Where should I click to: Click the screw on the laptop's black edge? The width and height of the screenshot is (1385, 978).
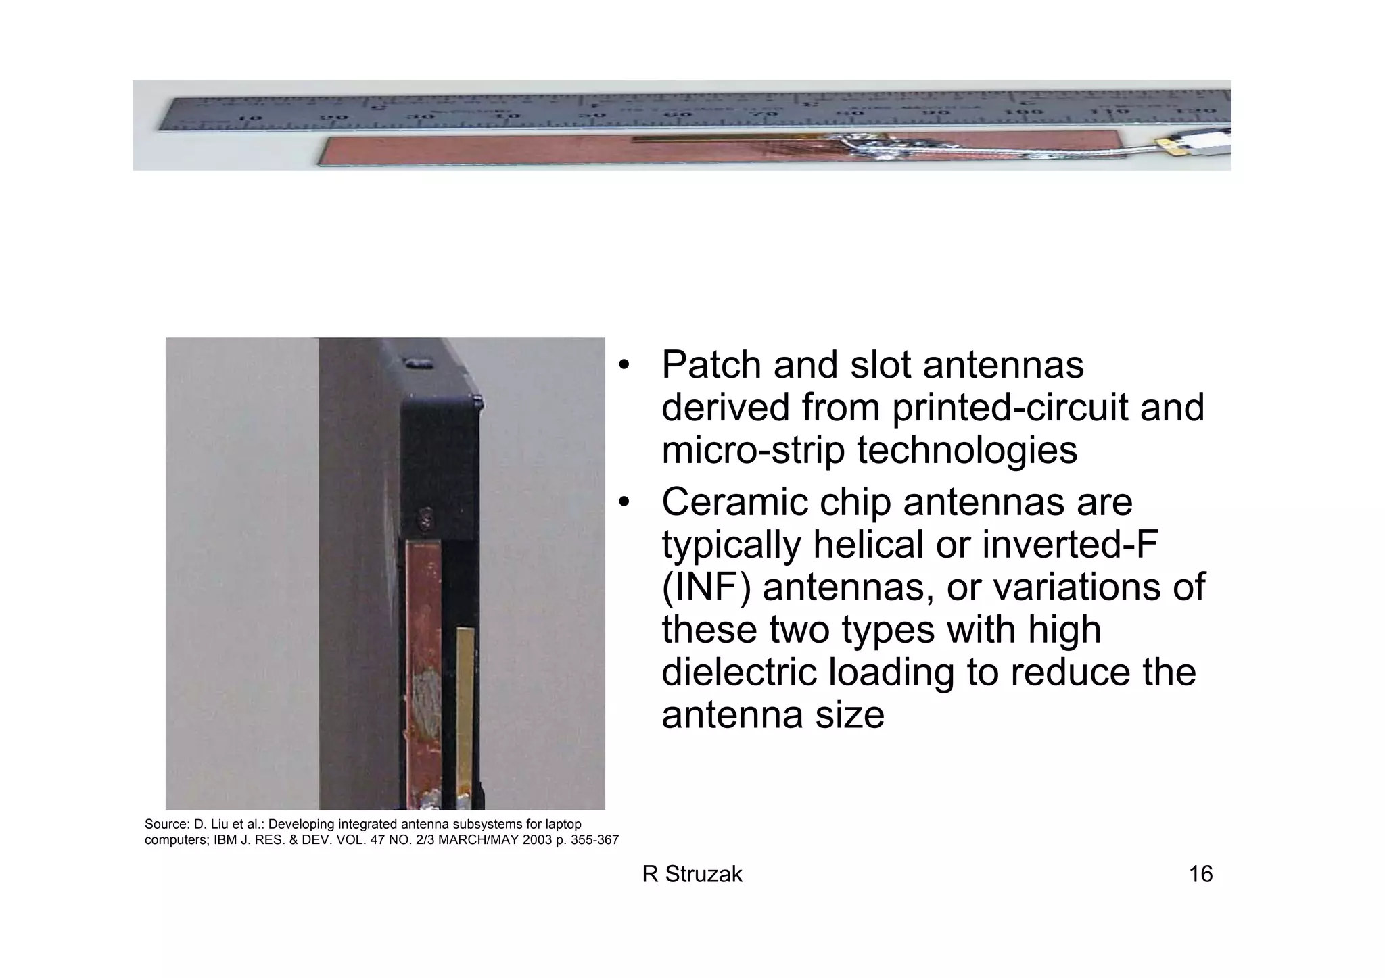427,516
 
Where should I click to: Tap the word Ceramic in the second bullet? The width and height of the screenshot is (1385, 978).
736,503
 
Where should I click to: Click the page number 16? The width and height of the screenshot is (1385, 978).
1200,875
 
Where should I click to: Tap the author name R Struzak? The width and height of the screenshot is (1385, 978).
692,875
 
